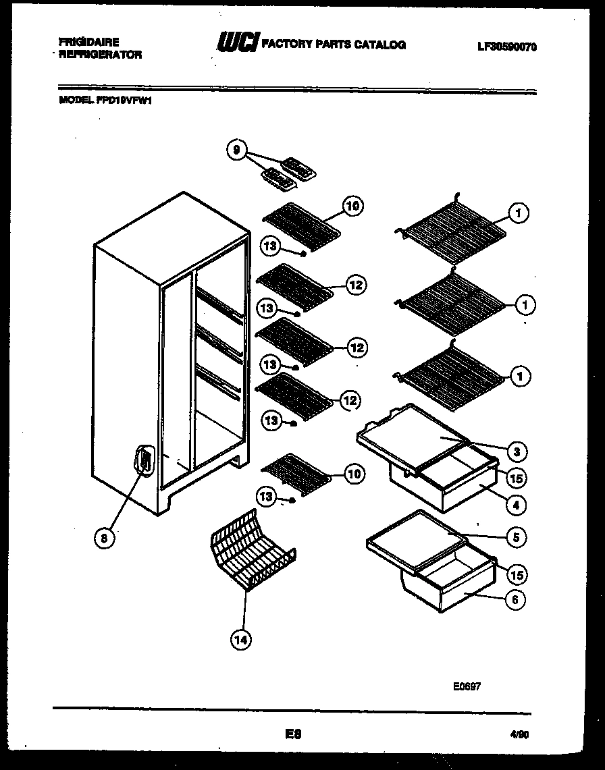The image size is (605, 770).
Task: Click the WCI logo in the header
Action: (237, 43)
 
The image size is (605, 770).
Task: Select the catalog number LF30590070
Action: (507, 47)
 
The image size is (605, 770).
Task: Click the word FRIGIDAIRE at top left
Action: (88, 42)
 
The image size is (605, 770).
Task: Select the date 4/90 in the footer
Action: (520, 736)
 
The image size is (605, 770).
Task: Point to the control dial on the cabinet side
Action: (144, 460)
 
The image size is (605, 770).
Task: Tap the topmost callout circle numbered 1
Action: (517, 214)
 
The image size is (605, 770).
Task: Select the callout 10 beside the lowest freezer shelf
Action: (353, 474)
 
